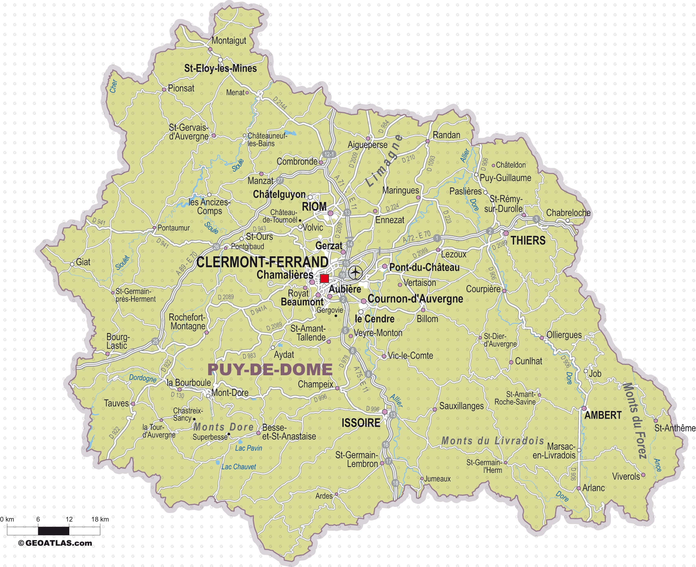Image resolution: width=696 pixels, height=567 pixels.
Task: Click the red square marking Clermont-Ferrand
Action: [324, 278]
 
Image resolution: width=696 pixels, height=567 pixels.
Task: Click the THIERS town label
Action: [528, 241]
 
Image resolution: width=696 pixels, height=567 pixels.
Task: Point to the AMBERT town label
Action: [603, 415]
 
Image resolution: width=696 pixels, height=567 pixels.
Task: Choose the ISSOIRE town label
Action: [361, 423]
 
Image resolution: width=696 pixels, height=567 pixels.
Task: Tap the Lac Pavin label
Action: [248, 448]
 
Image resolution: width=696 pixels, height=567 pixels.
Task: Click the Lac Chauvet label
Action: [239, 467]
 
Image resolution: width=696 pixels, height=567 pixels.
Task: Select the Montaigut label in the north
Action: [229, 41]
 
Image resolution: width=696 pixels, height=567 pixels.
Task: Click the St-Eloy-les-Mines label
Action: [220, 69]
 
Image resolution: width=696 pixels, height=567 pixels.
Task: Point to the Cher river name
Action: [114, 86]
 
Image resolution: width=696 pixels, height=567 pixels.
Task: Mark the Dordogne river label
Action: [143, 378]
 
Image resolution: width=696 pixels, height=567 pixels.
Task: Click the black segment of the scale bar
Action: [54, 531]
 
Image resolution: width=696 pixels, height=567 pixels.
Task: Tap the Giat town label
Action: [83, 262]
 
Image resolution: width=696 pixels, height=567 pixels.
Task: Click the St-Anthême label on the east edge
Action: [675, 428]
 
